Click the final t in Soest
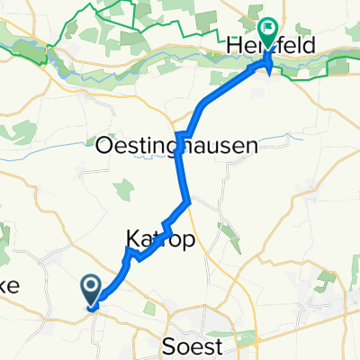click(x=229, y=344)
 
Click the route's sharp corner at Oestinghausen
click(x=179, y=135)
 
